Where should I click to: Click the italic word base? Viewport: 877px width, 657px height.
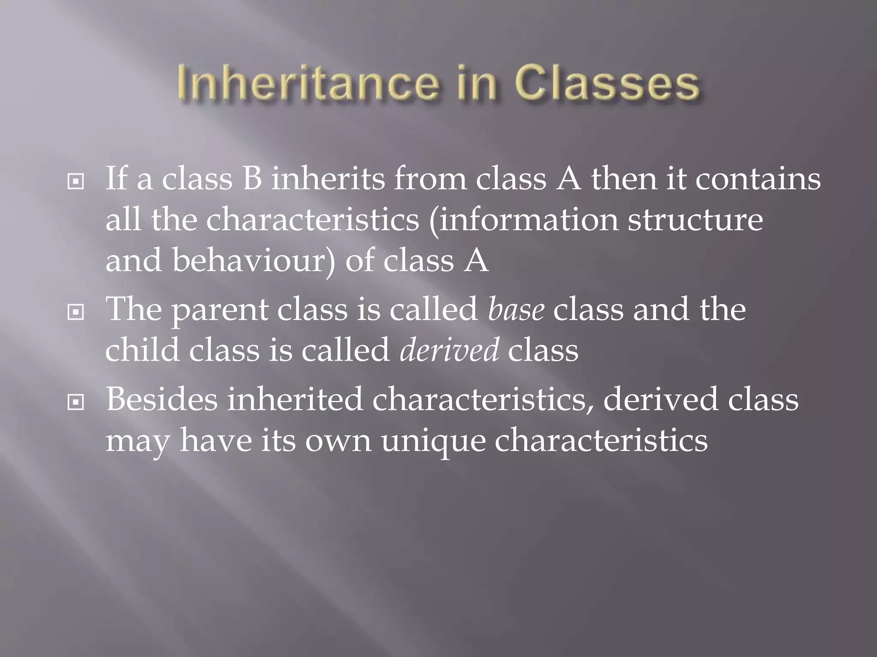(516, 309)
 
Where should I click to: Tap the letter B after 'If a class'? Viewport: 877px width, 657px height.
(252, 179)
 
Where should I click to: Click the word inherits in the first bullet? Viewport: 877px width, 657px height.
(328, 179)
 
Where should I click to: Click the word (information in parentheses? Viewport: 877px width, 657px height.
(524, 220)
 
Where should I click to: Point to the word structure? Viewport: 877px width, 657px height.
(695, 220)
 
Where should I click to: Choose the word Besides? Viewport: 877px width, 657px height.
(162, 399)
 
